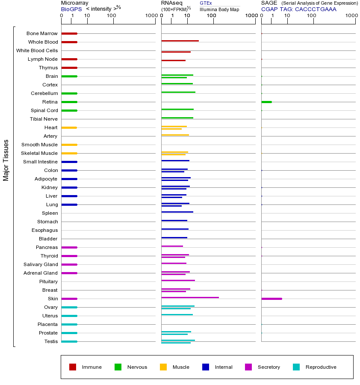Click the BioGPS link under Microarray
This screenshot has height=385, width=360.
[71, 9]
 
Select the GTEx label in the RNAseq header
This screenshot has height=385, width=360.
[206, 3]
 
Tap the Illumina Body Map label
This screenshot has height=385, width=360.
[219, 9]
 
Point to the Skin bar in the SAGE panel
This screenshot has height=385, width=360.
[271, 299]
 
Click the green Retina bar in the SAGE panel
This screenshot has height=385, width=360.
[266, 102]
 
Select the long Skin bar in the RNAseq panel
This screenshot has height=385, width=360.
[190, 297]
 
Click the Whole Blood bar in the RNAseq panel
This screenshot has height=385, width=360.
[180, 41]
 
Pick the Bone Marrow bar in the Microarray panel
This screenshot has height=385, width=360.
[69, 33]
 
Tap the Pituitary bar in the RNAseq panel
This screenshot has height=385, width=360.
[178, 280]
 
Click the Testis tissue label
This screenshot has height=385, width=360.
[51, 341]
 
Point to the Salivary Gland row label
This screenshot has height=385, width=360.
[41, 264]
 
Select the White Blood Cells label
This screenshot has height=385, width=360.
[37, 50]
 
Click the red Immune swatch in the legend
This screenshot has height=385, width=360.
[73, 367]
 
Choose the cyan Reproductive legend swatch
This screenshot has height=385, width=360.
[296, 367]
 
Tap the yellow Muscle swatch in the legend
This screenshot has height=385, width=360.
[163, 367]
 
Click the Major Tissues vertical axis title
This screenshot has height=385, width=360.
[6, 160]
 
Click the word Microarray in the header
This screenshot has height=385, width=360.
[74, 3]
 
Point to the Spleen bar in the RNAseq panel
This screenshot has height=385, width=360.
[177, 212]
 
